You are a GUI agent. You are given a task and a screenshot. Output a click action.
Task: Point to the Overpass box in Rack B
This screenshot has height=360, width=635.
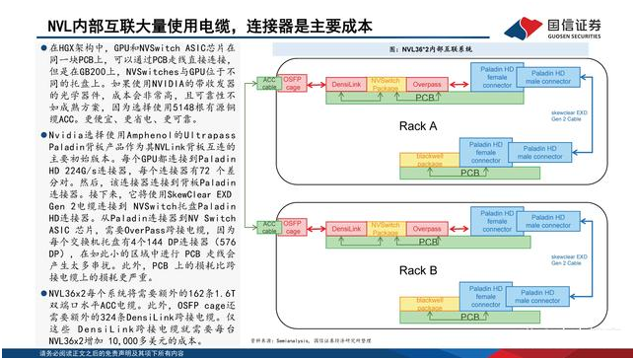(426, 229)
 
